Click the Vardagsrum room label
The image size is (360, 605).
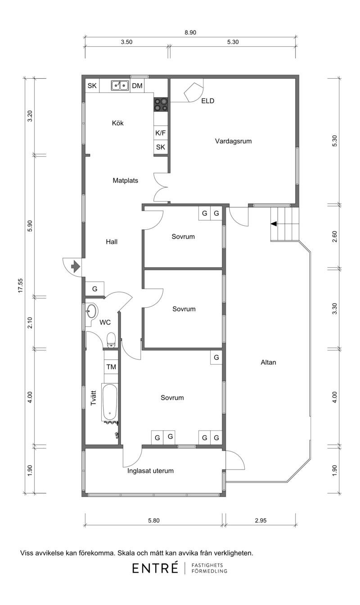point(233,141)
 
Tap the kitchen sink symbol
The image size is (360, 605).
point(120,85)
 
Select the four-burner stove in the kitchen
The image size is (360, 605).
point(161,105)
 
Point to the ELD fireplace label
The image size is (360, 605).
point(208,101)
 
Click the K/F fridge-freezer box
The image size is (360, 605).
point(161,133)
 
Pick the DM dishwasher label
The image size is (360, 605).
point(137,86)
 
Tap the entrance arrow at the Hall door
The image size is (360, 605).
point(76,267)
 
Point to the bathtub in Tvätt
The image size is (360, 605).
point(110,403)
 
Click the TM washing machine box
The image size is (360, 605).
point(111,367)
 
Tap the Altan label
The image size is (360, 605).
point(268,363)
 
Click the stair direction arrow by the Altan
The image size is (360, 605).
point(274,224)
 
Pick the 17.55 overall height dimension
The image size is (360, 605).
point(21,285)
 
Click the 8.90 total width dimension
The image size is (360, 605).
point(190,33)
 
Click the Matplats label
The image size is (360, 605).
point(126,180)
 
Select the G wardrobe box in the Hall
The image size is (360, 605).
point(94,289)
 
